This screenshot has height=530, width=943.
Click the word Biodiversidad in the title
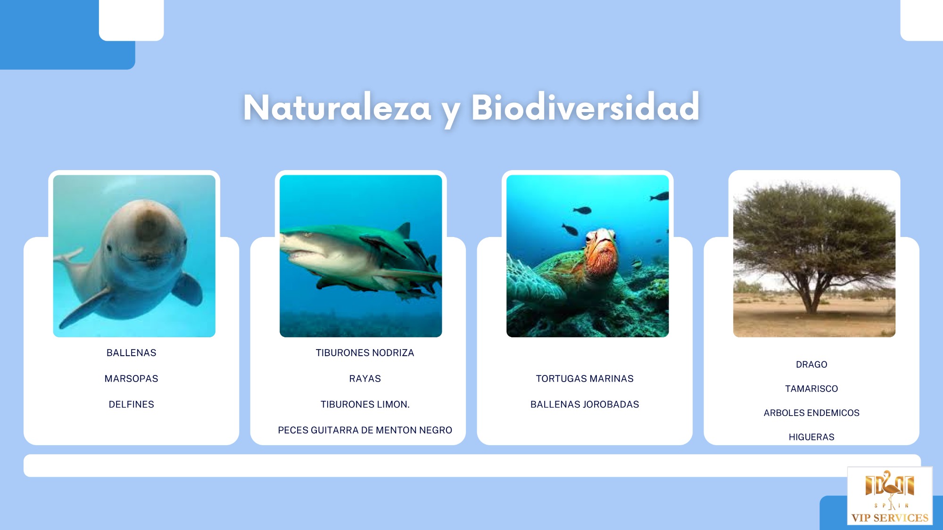click(x=585, y=107)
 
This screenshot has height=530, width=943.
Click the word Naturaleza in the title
click(x=337, y=108)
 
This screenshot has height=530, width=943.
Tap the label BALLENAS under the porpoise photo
click(x=131, y=353)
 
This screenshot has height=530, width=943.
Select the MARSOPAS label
click(x=131, y=379)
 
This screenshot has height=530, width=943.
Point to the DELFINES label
click(x=131, y=405)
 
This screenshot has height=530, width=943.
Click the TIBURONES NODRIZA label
click(x=365, y=353)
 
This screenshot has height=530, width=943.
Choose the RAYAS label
click(x=365, y=379)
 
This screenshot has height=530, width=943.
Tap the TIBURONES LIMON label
click(x=365, y=405)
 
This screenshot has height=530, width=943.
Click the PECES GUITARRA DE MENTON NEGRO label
click(x=365, y=430)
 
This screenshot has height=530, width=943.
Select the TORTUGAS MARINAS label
click(x=585, y=379)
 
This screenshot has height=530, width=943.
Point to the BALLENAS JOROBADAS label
click(x=585, y=405)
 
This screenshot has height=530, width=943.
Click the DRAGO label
click(x=811, y=365)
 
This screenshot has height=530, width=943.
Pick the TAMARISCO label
click(x=811, y=389)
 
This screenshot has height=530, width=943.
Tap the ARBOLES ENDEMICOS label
click(x=811, y=413)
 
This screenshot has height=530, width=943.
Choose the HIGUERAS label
click(x=811, y=437)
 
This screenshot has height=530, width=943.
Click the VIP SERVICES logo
click(x=890, y=496)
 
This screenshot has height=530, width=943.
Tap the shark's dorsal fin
click(x=403, y=230)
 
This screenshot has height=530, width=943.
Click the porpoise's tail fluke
click(x=69, y=257)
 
